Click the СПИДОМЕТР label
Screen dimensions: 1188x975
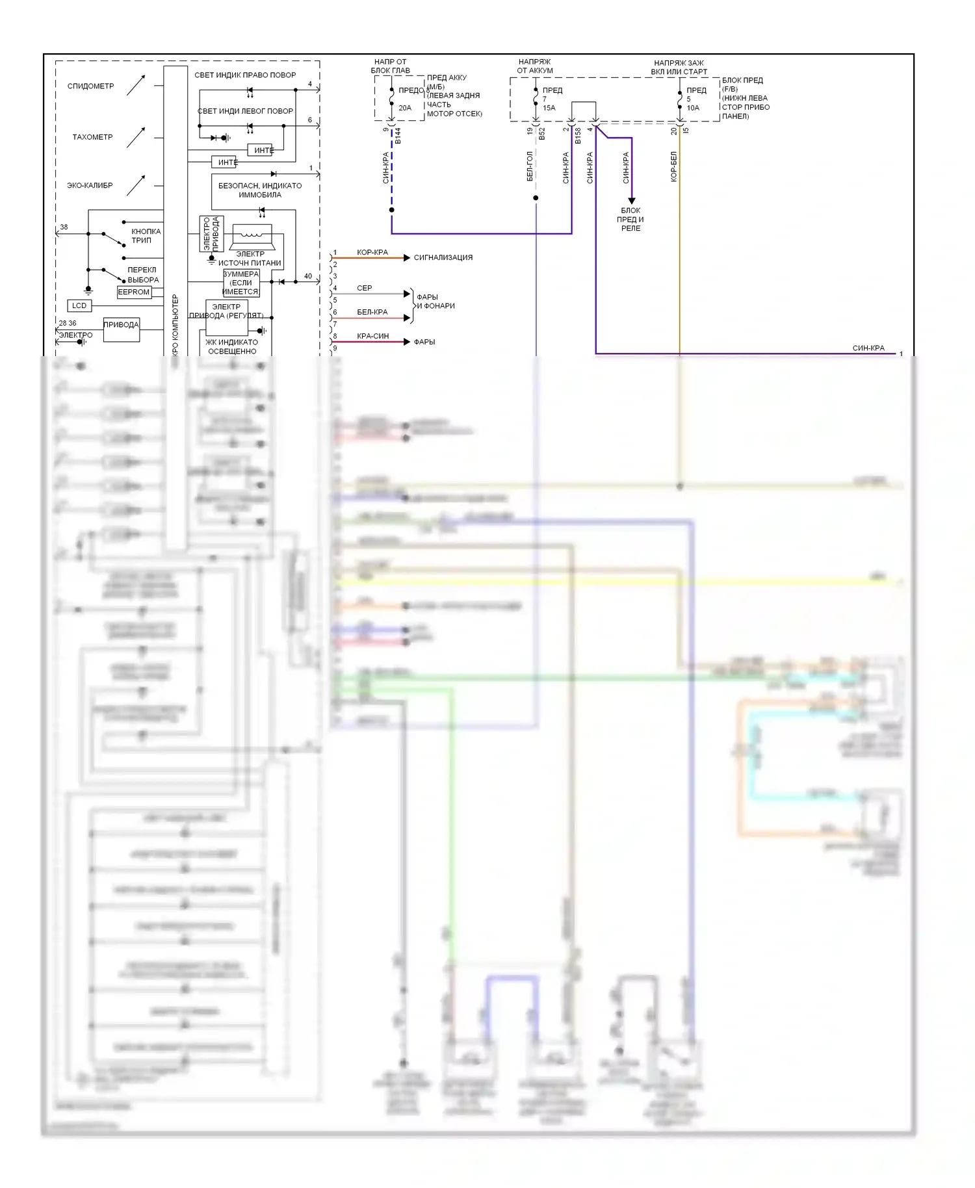pos(90,86)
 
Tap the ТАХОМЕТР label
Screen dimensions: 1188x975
pos(92,137)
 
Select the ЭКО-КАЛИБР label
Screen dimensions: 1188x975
pos(90,185)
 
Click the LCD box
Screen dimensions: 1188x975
pos(79,305)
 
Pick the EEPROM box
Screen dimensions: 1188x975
pos(134,292)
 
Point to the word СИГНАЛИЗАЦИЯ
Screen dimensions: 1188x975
pos(443,257)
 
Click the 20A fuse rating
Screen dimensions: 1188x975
pos(405,108)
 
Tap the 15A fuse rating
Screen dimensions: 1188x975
pos(549,108)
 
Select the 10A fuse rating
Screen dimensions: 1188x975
pos(693,108)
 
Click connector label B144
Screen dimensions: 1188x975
pos(398,136)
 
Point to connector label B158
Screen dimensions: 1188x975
pos(578,136)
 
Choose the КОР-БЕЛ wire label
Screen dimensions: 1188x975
pos(674,166)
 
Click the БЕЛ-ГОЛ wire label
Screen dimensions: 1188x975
pos(530,166)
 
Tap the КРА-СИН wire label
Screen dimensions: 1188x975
pos(373,336)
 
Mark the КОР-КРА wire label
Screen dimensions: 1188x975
pos(372,252)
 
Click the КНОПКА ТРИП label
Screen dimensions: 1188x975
pos(146,236)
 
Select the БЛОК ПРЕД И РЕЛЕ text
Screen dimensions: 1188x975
pos(630,220)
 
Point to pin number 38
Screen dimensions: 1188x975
pos(64,227)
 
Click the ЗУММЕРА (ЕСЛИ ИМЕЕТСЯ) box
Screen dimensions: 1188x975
pos(241,283)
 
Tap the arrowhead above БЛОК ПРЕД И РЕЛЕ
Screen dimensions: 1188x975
pos(631,201)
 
